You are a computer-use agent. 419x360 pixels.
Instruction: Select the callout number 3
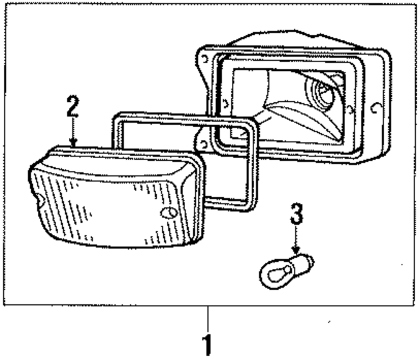296,214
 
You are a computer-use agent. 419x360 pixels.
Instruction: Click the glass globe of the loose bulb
275,274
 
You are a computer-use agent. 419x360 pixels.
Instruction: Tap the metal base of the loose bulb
303,264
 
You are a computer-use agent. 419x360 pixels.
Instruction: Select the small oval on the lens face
168,213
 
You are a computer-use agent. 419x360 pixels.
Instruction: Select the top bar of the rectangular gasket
184,118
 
